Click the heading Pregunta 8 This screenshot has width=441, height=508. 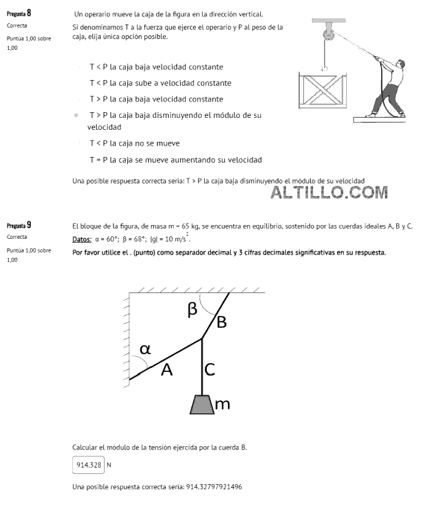click(x=19, y=13)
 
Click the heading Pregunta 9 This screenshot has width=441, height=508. click(x=19, y=225)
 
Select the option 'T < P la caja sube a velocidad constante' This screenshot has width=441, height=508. click(x=160, y=83)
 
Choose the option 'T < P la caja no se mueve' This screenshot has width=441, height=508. click(x=134, y=143)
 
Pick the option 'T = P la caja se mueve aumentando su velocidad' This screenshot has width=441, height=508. click(x=175, y=159)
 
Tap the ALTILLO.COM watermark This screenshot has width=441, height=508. click(x=329, y=192)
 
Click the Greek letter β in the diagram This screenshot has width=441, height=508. click(x=193, y=309)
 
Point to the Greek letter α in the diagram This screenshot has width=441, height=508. click(x=146, y=349)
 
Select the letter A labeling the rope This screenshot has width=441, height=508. click(x=166, y=370)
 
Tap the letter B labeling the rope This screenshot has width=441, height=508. click(x=221, y=322)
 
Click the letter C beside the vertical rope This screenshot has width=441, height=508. click(x=210, y=370)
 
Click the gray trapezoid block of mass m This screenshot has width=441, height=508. click(x=202, y=404)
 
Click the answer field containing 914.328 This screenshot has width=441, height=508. click(x=88, y=465)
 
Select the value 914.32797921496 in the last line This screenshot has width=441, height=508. click(x=214, y=487)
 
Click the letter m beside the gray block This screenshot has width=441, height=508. click(x=222, y=404)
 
